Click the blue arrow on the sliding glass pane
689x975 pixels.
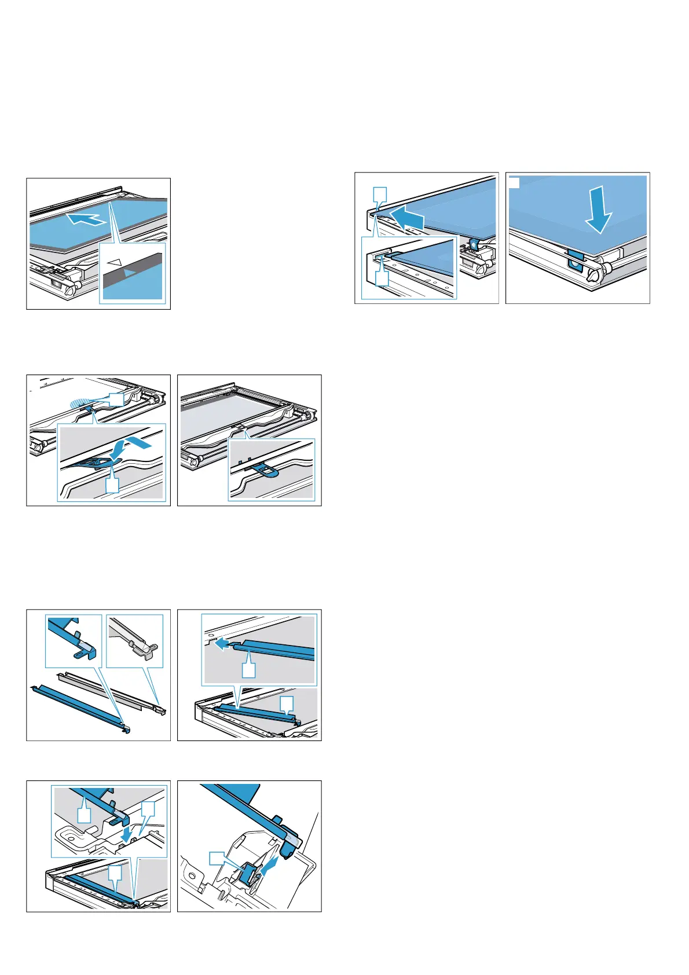[x=85, y=219]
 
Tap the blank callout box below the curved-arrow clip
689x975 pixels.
[x=112, y=485]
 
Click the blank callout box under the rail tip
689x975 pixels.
[x=248, y=670]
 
